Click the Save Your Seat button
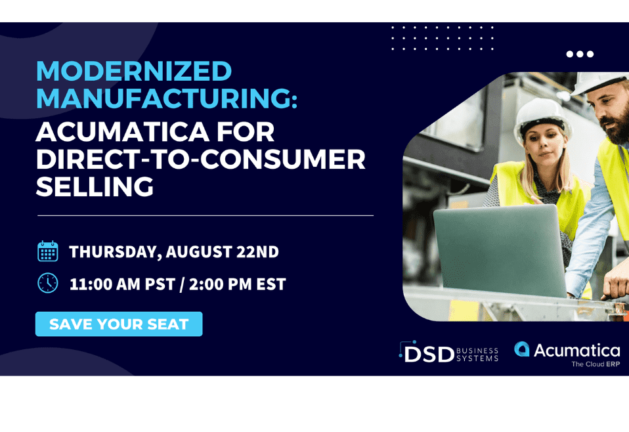119,324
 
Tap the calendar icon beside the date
48,251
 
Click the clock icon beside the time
48,283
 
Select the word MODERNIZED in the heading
134,71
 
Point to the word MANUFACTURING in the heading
167,98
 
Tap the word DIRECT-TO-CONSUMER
200,159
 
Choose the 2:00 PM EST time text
238,284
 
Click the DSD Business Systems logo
448,352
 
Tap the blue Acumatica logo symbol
522,349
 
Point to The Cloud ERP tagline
596,364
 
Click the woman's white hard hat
542,117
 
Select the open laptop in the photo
500,250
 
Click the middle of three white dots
580,54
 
